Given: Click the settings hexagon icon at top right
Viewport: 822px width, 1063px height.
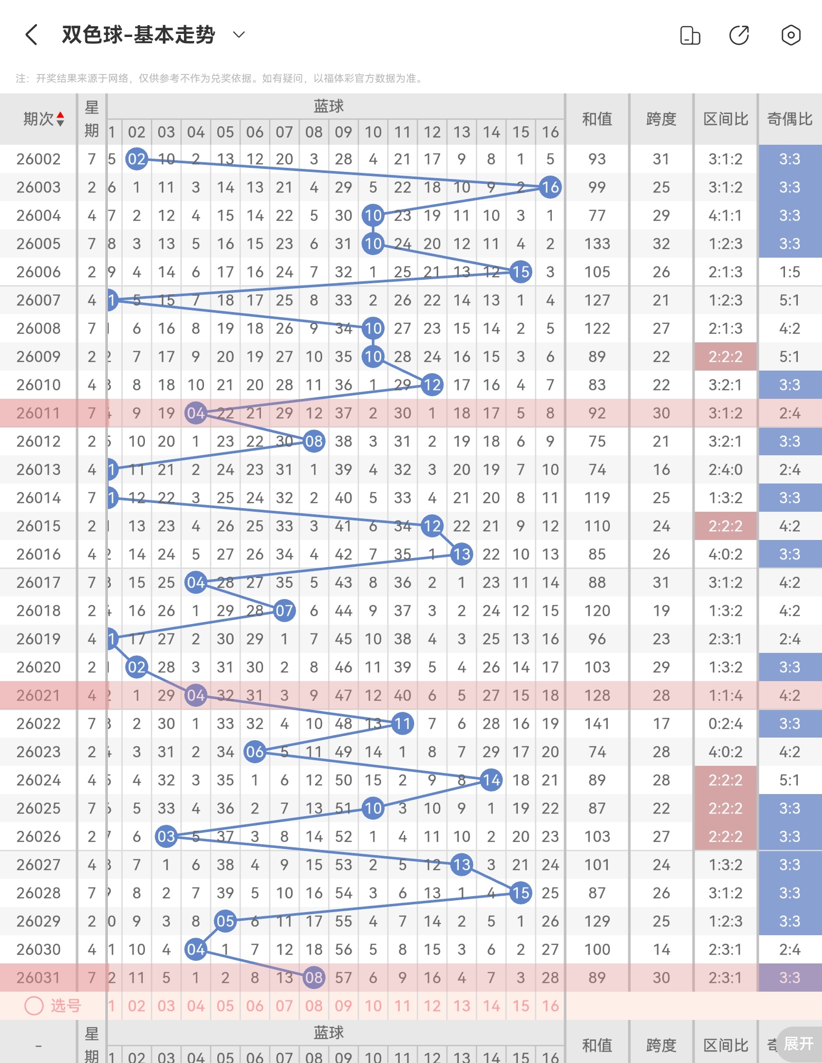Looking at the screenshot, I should (791, 35).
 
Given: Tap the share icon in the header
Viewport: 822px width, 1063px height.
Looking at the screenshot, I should (739, 35).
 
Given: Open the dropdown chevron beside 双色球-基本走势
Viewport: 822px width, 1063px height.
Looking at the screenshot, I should (239, 35).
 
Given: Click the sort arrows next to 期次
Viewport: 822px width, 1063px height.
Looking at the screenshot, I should (61, 119).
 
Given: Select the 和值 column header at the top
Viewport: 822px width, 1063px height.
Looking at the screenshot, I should (597, 119).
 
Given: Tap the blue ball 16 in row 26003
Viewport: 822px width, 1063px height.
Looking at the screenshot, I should (550, 187).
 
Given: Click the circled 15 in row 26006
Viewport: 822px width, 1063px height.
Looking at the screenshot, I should (520, 272).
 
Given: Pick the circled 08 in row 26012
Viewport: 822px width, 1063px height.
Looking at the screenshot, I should (314, 441).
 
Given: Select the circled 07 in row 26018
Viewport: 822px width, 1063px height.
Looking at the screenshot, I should (284, 611).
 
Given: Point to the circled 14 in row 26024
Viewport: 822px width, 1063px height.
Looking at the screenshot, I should (491, 780).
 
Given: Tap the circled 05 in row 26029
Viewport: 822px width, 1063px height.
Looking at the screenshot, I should (225, 921).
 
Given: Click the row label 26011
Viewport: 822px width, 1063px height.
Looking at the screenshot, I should (39, 413).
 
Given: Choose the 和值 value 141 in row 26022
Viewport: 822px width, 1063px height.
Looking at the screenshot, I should (597, 724).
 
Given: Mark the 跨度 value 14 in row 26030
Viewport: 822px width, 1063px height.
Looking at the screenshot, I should (661, 950).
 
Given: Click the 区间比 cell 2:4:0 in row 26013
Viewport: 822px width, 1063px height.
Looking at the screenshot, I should (725, 470).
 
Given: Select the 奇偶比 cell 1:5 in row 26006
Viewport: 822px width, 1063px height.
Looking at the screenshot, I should (790, 272).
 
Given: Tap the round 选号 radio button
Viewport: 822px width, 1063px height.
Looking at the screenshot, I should (34, 1006).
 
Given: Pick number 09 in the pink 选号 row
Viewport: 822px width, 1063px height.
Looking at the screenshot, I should (343, 1006).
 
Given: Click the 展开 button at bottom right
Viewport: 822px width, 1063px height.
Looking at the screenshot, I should (798, 1043).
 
